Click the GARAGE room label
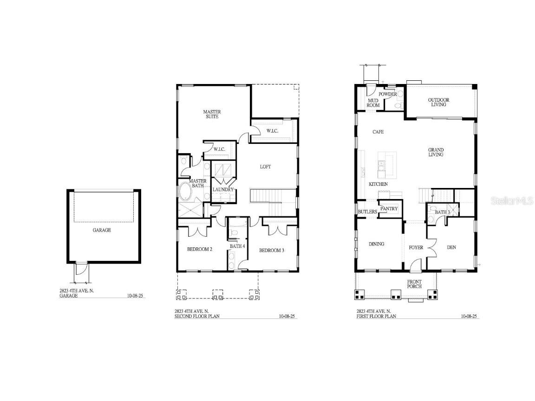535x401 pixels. [x=102, y=230]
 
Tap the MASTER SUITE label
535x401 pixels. [x=212, y=114]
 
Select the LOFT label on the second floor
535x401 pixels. [x=265, y=167]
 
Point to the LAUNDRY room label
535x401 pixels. [x=223, y=189]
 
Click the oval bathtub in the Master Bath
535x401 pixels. [x=189, y=191]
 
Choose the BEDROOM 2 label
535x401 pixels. [x=200, y=250]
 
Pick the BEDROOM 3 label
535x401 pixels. [x=272, y=251]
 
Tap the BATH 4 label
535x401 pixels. [x=237, y=246]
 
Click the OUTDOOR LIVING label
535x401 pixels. [x=438, y=102]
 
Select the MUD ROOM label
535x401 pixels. [x=373, y=103]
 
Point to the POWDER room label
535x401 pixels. [x=388, y=94]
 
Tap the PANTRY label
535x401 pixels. [x=389, y=209]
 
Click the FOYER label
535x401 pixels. [x=416, y=247]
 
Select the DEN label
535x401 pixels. [x=451, y=247]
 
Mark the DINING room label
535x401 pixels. [x=376, y=244]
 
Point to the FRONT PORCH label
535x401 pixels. [x=414, y=284]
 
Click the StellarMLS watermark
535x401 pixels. [x=510, y=201]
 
